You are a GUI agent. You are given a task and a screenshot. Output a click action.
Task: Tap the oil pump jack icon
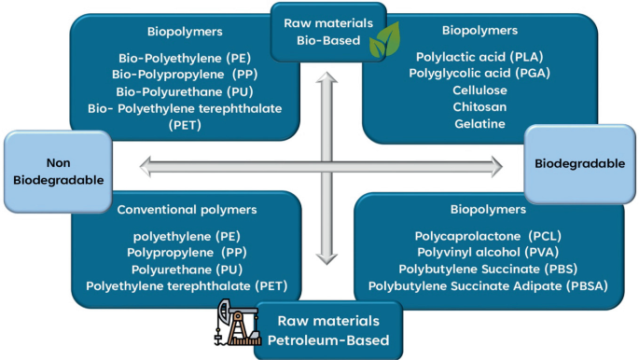click(231, 322)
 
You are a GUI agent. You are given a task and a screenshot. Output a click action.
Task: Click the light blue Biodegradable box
click(579, 163)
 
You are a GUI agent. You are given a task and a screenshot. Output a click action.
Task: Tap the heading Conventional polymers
click(187, 210)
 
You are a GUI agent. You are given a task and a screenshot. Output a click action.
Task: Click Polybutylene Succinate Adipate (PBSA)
click(488, 286)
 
